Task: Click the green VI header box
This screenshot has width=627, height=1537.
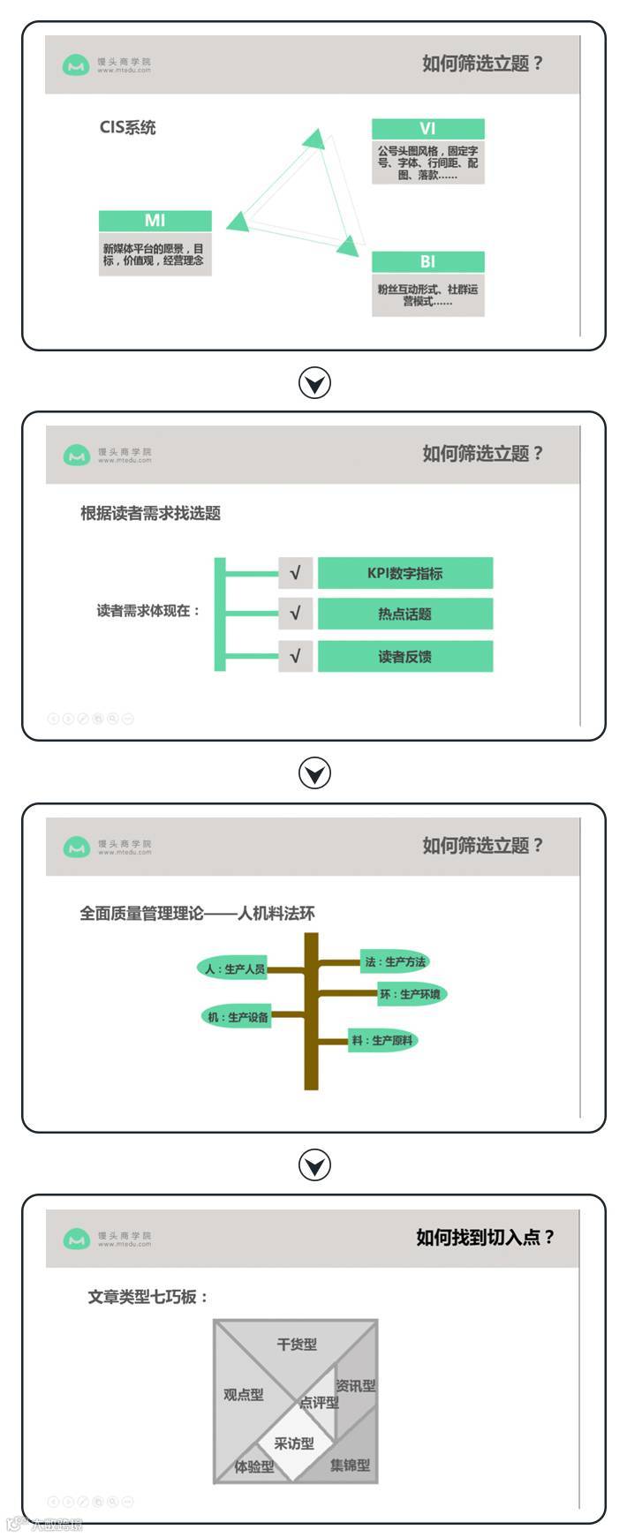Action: click(427, 129)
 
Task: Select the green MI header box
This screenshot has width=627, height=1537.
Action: click(155, 221)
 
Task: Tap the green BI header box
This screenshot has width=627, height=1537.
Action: click(427, 262)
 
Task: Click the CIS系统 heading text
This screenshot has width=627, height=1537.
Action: click(127, 127)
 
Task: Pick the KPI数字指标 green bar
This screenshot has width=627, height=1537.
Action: click(404, 573)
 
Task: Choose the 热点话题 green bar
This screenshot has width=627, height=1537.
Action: click(404, 614)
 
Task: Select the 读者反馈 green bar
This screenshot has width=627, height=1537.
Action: click(404, 656)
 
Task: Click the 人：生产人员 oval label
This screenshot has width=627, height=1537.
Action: click(232, 968)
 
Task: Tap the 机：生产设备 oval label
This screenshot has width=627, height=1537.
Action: click(237, 1017)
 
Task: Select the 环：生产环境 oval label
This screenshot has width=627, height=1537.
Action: click(411, 994)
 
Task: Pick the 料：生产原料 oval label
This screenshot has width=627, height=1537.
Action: click(382, 1040)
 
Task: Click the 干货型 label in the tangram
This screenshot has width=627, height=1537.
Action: click(296, 1345)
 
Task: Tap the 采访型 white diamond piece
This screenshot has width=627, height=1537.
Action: click(293, 1443)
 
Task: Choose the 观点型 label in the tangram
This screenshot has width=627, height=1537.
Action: click(243, 1395)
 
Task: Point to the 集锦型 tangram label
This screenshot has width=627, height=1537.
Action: click(350, 1465)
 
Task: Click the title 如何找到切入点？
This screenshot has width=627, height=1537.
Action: click(485, 1237)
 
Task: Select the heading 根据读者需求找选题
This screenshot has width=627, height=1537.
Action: click(150, 513)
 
